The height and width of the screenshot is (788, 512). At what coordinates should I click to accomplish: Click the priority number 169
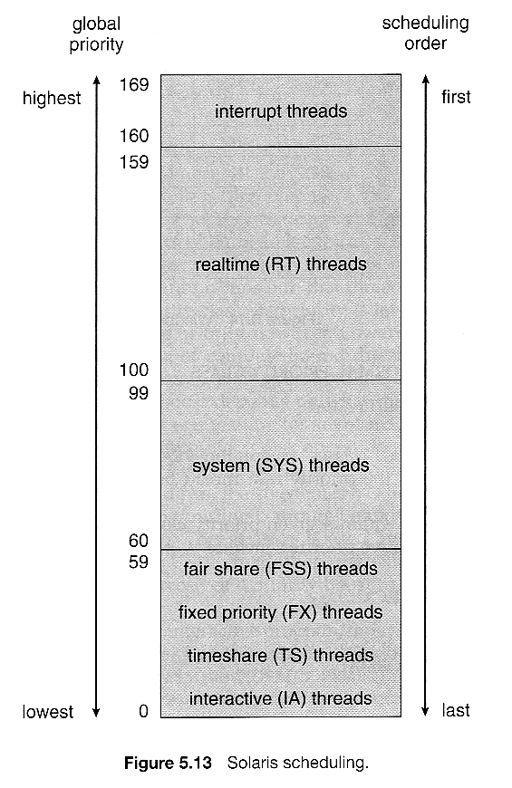[x=134, y=84]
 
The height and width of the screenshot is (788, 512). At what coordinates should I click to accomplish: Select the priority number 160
[x=134, y=136]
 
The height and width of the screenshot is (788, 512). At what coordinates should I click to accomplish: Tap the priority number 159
[x=134, y=162]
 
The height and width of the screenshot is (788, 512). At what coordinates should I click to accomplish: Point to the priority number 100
[x=134, y=370]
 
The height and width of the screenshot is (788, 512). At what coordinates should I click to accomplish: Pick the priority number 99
[x=139, y=392]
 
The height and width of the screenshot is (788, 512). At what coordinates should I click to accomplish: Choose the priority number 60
[x=139, y=540]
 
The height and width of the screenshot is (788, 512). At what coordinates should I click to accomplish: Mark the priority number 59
[x=139, y=562]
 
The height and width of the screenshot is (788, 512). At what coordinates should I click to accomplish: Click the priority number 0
[x=143, y=711]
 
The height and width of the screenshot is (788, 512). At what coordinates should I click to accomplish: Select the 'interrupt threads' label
[x=281, y=111]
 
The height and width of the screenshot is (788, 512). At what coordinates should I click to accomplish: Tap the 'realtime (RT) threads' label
[x=281, y=264]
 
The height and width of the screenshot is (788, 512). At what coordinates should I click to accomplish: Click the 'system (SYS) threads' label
[x=281, y=466]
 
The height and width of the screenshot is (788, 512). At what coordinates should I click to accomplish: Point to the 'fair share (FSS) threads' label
[x=280, y=569]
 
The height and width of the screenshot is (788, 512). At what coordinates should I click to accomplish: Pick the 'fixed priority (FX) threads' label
[x=280, y=612]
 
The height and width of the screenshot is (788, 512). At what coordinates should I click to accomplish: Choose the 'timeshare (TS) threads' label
[x=280, y=656]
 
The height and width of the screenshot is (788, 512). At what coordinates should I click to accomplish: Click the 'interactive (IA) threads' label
[x=280, y=699]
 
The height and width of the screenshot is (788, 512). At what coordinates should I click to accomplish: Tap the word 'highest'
[x=52, y=99]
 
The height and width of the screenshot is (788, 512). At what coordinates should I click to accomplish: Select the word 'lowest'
[x=48, y=712]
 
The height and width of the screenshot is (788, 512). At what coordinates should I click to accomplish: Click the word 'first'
[x=456, y=97]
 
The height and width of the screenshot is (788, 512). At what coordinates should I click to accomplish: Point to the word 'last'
[x=456, y=711]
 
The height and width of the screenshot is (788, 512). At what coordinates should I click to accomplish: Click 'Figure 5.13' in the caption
[x=168, y=763]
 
